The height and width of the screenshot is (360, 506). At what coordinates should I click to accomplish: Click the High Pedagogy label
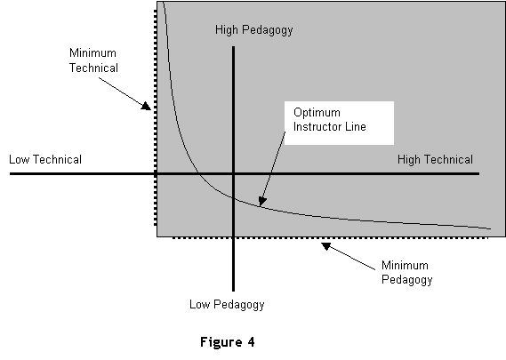(254, 30)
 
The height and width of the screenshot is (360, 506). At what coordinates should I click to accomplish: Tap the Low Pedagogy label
(227, 305)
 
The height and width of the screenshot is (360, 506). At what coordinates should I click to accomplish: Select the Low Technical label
(45, 159)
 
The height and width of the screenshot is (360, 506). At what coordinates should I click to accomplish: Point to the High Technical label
(435, 159)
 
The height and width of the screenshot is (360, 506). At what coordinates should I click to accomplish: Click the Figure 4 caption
(228, 342)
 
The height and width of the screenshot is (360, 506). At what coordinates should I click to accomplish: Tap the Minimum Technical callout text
(93, 60)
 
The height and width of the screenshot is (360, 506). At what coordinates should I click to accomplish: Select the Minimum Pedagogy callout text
(406, 273)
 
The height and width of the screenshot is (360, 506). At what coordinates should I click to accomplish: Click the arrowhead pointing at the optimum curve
(262, 202)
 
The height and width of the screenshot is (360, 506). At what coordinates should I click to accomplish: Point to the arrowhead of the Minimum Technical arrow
(146, 106)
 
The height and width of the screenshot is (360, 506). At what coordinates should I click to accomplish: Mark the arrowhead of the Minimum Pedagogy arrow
(326, 246)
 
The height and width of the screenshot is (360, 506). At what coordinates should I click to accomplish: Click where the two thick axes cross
(233, 173)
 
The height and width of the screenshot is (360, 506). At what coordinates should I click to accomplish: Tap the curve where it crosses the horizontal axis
(198, 173)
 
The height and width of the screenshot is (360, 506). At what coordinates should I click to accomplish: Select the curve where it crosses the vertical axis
(233, 197)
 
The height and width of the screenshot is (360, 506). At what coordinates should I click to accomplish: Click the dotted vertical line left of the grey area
(156, 117)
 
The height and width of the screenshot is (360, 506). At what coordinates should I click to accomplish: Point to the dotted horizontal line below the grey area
(331, 238)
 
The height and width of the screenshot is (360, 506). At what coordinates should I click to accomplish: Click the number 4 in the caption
(251, 341)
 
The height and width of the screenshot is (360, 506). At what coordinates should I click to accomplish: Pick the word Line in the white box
(356, 126)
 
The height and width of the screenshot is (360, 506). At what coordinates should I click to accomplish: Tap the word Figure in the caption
(221, 342)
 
